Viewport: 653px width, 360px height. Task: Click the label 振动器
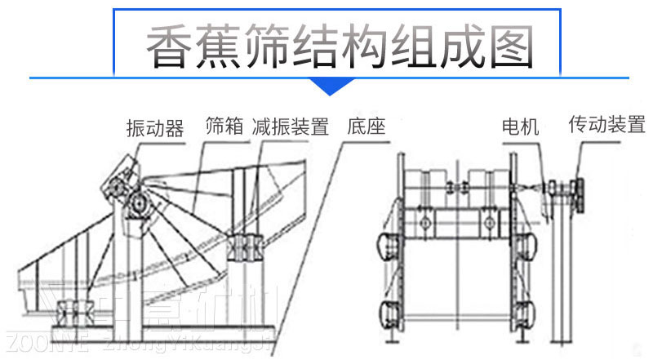click(x=154, y=128)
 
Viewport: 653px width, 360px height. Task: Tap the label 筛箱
click(x=225, y=127)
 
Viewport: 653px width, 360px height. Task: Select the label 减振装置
click(x=290, y=127)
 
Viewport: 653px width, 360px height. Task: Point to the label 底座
click(x=365, y=127)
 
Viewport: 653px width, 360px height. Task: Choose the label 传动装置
click(x=606, y=125)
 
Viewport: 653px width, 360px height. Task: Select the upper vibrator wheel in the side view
click(x=117, y=181)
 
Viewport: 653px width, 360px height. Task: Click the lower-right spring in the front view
click(x=526, y=312)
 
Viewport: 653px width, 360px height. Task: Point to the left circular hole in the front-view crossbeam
click(x=424, y=222)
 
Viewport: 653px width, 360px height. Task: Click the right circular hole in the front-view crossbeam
click(x=487, y=222)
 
